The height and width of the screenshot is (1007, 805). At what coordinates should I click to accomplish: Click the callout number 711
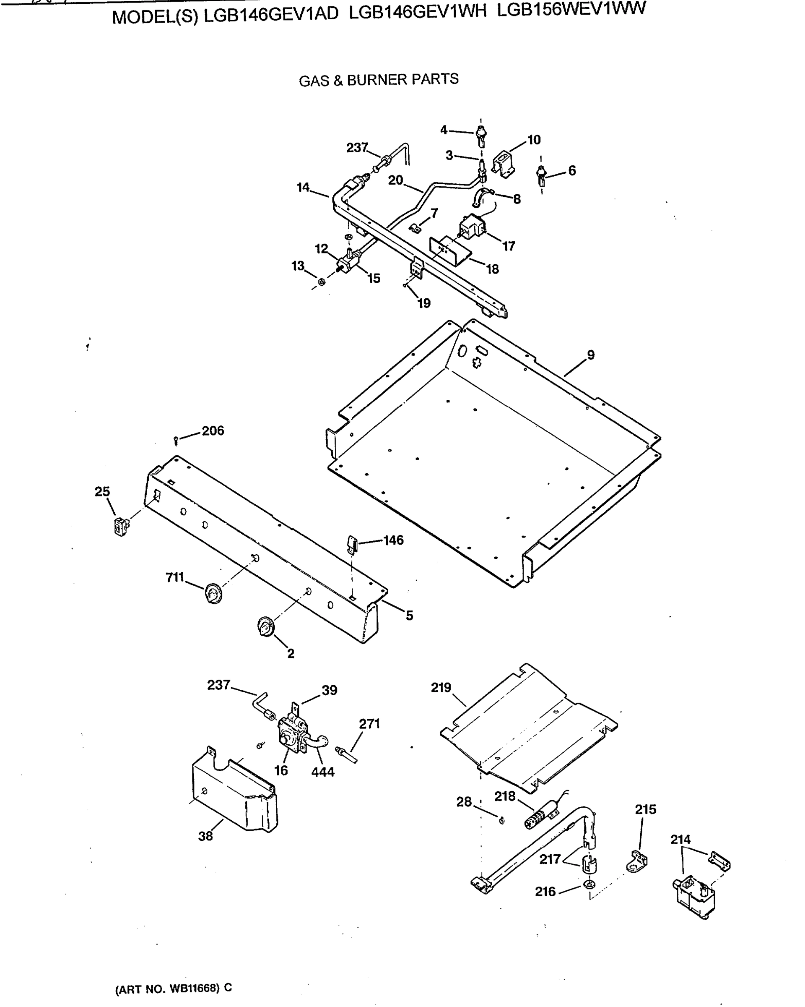point(175,578)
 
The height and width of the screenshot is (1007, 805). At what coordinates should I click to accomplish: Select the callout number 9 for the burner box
point(591,355)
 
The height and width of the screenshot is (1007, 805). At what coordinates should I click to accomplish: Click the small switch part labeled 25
point(121,526)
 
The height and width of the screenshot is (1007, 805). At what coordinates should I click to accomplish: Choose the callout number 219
point(441,688)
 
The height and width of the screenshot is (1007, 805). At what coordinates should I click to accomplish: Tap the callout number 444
point(323,772)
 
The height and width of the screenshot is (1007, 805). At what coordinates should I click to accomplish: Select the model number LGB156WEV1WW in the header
point(571,9)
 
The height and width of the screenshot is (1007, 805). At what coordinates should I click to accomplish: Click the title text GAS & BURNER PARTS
point(379,80)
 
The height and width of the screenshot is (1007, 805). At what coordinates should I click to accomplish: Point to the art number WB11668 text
point(173,988)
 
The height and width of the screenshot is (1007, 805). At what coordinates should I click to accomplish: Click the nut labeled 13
point(322,282)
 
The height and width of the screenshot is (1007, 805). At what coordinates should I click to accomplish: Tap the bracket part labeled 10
point(503,164)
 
